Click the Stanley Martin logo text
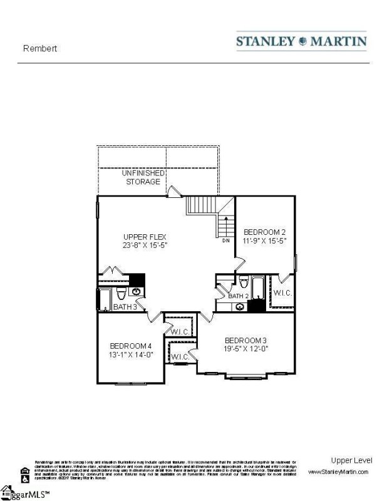pos(301,42)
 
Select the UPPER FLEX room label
pos(144,236)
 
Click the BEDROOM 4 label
pos(131,346)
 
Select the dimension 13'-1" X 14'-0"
pos(131,354)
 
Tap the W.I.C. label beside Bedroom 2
pos(282,292)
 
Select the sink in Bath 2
pos(240,306)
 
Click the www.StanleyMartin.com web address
pos(338,472)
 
